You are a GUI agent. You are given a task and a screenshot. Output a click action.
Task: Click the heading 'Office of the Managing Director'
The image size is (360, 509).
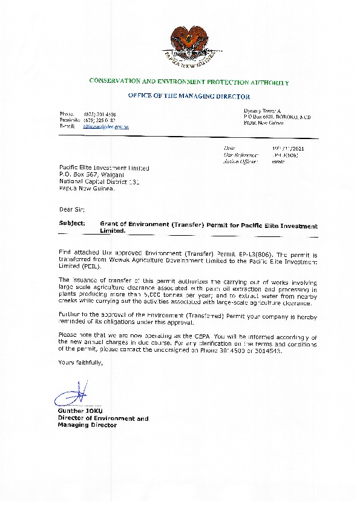188,96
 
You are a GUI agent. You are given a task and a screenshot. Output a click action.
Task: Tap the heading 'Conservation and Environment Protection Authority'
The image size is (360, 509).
188,81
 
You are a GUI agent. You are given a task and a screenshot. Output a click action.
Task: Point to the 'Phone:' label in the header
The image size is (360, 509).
66,114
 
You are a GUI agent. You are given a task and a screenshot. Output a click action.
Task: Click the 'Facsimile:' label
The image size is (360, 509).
70,120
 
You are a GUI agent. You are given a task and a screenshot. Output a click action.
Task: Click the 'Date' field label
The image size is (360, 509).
229,148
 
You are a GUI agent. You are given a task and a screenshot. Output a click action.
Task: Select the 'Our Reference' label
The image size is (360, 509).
237,155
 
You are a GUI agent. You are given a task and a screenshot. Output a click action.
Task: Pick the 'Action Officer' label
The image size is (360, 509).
237,161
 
